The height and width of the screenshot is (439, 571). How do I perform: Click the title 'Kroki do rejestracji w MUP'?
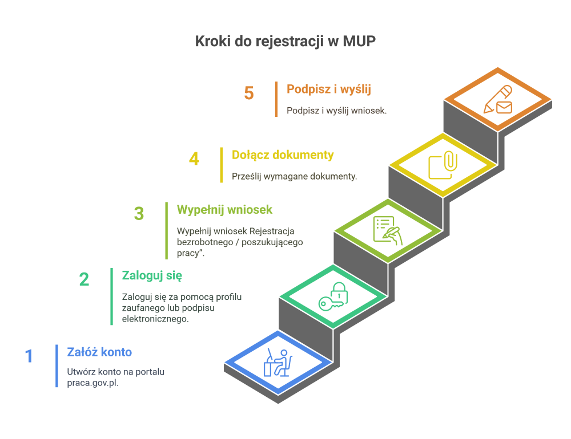[x=285, y=41]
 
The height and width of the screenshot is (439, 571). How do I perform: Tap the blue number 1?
[x=29, y=356]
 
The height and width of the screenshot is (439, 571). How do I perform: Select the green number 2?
[x=84, y=279]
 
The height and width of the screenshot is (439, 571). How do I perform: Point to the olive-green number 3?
[x=139, y=213]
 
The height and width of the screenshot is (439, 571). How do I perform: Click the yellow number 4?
[x=194, y=159]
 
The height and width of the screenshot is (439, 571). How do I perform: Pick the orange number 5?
[x=249, y=93]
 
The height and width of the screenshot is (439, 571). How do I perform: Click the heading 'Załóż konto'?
[x=99, y=352]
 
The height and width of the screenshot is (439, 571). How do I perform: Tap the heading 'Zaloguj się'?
[x=152, y=276]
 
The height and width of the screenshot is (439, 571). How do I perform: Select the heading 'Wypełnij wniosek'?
[x=224, y=210]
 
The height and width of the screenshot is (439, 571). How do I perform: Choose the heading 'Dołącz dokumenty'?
[x=283, y=155]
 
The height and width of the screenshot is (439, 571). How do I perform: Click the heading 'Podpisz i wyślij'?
[x=329, y=89]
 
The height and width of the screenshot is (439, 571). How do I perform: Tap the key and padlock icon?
[x=333, y=296]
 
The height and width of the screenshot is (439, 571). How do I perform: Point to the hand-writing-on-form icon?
[x=388, y=230]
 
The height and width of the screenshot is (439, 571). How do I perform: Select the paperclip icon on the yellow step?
[x=451, y=161]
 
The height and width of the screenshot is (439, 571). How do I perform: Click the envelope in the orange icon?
[x=504, y=107]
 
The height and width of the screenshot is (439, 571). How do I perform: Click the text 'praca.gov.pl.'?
[x=93, y=383]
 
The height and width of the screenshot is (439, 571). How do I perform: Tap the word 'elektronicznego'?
[x=155, y=319]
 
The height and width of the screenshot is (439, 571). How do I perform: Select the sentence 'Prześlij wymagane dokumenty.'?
[x=294, y=176]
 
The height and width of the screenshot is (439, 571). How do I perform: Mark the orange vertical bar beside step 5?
[x=276, y=99]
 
